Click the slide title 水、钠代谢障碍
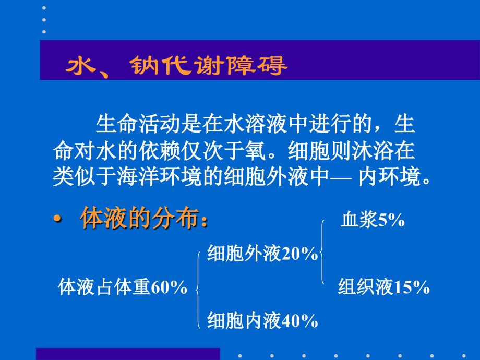[x=175, y=67]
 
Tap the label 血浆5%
[x=373, y=220]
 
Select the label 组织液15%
[x=383, y=287]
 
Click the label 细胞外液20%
[x=262, y=254]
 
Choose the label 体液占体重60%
[x=123, y=287]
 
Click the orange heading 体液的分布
[x=143, y=219]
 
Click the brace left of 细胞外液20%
[x=198, y=288]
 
